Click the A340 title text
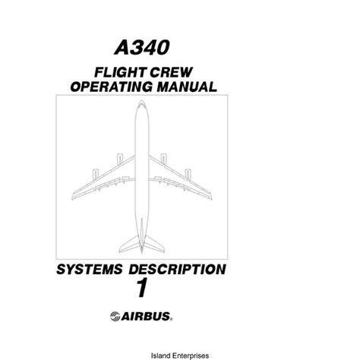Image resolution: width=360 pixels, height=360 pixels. pyautogui.click(x=142, y=48)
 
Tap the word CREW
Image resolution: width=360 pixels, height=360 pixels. pyautogui.click(x=171, y=72)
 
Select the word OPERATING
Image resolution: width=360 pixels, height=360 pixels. pyautogui.click(x=112, y=87)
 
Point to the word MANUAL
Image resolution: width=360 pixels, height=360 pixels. pyautogui.click(x=187, y=87)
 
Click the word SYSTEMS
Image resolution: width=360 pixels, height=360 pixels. pyautogui.click(x=90, y=269)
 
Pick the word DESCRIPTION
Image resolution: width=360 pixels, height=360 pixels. pyautogui.click(x=177, y=269)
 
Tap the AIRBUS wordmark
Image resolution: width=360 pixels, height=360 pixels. pyautogui.click(x=147, y=317)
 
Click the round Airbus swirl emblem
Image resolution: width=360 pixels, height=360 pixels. pyautogui.click(x=115, y=317)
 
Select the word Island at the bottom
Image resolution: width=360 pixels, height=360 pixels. pyautogui.click(x=159, y=355)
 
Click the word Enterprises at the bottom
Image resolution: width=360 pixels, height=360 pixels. pyautogui.click(x=189, y=355)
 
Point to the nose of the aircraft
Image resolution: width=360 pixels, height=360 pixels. pyautogui.click(x=141, y=101)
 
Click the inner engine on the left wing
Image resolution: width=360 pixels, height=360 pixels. pyautogui.click(x=120, y=159)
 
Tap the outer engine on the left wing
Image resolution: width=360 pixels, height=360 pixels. pyautogui.click(x=96, y=175)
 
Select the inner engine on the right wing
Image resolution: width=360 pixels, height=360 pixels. pyautogui.click(x=163, y=159)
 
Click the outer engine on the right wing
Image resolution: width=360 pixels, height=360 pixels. pyautogui.click(x=188, y=175)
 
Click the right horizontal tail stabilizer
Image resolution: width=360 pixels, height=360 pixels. pyautogui.click(x=154, y=244)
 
